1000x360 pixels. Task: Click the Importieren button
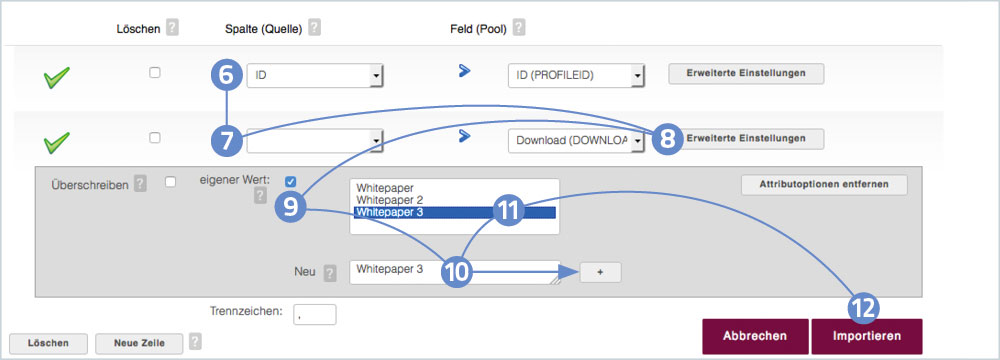click(x=866, y=336)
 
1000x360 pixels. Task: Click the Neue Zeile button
click(x=139, y=343)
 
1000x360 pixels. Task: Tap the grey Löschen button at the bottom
click(x=48, y=343)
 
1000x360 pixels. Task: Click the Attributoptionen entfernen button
click(x=824, y=184)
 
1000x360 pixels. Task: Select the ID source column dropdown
click(x=315, y=76)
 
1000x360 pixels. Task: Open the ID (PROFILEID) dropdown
click(x=576, y=76)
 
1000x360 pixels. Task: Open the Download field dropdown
click(x=576, y=140)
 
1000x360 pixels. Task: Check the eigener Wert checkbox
click(x=291, y=181)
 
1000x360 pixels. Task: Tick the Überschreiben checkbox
click(x=170, y=182)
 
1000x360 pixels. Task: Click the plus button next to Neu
click(x=600, y=272)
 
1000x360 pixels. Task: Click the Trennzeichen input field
click(x=314, y=314)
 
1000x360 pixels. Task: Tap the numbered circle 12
click(x=864, y=308)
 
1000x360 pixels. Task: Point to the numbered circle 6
click(x=227, y=75)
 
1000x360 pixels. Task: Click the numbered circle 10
click(x=457, y=272)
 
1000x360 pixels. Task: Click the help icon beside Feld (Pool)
click(x=519, y=28)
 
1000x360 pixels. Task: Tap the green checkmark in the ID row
click(x=56, y=79)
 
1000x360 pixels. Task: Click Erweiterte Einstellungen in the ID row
click(x=746, y=73)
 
